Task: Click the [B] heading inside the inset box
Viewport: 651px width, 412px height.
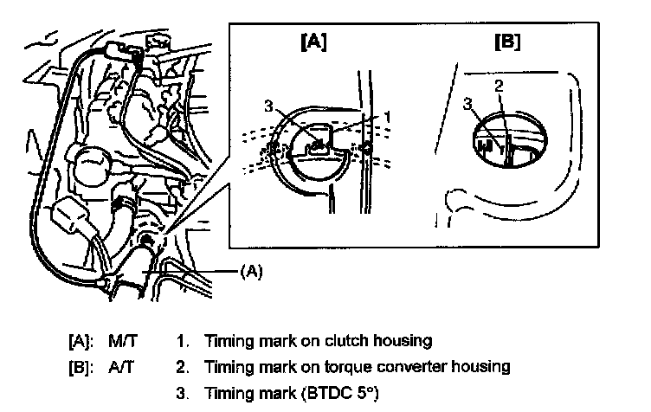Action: pos(506,42)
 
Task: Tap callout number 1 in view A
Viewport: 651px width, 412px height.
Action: pos(389,115)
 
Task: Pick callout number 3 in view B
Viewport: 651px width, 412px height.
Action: pos(468,103)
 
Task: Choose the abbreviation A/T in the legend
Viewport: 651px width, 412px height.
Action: pos(118,366)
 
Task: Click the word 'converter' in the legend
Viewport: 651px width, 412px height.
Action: pos(406,366)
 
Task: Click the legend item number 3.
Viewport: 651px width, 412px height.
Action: pos(181,393)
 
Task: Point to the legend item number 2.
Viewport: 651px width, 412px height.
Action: pos(181,366)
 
